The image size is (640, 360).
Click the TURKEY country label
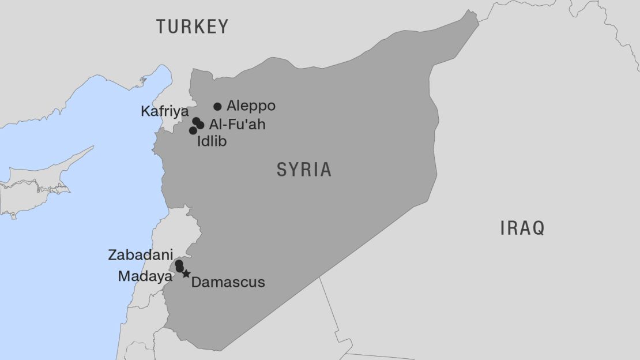click(193, 27)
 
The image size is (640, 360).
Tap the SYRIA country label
click(304, 170)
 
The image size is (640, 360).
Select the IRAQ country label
click(522, 228)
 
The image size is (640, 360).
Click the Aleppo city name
click(251, 106)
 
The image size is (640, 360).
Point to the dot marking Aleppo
click(217, 106)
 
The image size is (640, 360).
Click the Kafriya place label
click(164, 111)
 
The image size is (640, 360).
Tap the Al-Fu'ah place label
click(237, 124)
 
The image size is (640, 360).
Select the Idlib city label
click(212, 141)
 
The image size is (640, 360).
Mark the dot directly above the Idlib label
click(193, 130)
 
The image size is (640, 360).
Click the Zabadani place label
click(140, 254)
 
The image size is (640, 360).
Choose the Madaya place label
click(145, 276)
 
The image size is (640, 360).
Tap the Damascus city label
click(228, 282)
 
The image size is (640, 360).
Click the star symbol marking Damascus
click(186, 273)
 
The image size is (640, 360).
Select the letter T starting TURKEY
click(161, 27)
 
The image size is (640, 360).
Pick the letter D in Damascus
click(195, 282)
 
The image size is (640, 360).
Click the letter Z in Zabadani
click(112, 254)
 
